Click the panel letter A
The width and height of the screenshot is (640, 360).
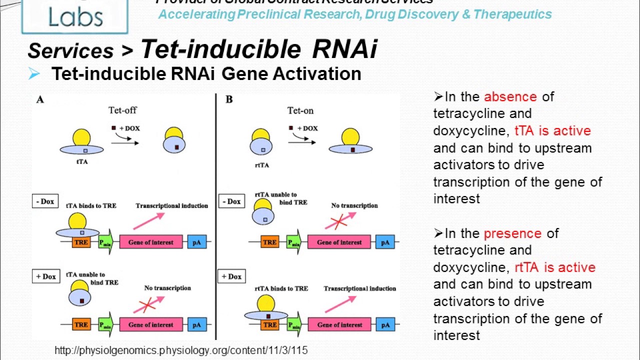[40, 99]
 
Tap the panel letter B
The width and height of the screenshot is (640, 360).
[229, 99]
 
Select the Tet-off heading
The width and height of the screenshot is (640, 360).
[122, 110]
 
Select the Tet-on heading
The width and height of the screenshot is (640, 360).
[300, 110]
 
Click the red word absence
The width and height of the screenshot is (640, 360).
[510, 96]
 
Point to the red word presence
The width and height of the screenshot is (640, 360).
[512, 233]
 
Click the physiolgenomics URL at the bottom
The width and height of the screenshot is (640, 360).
[181, 350]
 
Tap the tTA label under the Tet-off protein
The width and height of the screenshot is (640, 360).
[80, 161]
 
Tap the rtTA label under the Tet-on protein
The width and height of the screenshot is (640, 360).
[261, 165]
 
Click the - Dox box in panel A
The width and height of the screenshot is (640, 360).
[44, 201]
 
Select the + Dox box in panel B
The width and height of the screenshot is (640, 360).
[231, 276]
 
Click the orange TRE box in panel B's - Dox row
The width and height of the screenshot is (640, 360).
[269, 242]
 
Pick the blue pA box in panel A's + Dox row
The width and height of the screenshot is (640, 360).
[196, 324]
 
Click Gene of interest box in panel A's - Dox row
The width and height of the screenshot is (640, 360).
[150, 242]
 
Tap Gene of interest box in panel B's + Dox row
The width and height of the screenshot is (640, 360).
[339, 324]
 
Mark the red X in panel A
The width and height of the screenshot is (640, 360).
[146, 305]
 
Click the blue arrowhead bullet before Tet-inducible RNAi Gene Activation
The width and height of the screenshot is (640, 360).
[34, 74]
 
